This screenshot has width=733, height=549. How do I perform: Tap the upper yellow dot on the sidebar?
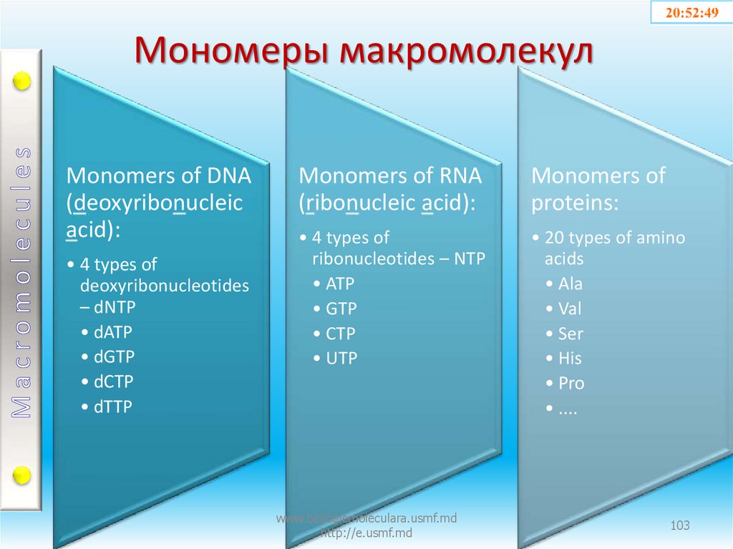click(x=22, y=82)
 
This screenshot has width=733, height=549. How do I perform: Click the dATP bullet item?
click(x=112, y=332)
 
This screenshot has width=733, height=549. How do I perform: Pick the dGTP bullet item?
click(x=114, y=356)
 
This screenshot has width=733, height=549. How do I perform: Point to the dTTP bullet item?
click(x=113, y=407)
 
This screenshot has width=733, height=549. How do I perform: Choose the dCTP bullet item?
click(x=113, y=382)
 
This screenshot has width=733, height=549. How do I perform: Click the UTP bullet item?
click(x=341, y=359)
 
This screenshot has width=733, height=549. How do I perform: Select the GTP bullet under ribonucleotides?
click(x=341, y=309)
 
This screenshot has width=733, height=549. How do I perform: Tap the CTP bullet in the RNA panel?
click(x=341, y=334)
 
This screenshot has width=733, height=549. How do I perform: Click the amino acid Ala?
click(x=571, y=284)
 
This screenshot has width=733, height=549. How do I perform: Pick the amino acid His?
click(x=570, y=359)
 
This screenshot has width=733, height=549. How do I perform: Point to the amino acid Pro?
click(x=571, y=384)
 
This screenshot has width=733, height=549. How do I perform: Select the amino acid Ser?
click(x=571, y=334)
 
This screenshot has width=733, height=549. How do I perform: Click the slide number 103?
click(x=679, y=526)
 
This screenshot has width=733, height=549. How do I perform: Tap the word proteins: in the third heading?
click(x=574, y=203)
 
